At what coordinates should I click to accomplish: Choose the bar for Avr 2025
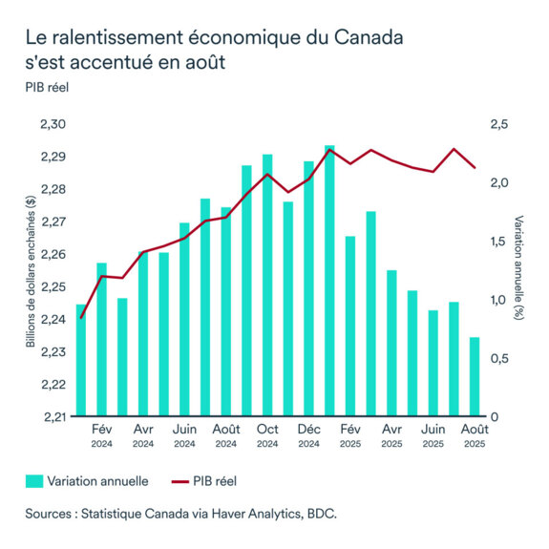tap(391, 343)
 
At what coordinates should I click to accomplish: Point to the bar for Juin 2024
tap(184, 319)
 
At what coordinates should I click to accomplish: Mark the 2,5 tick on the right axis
tap(500, 125)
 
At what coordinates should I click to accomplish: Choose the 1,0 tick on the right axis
tap(500, 300)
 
